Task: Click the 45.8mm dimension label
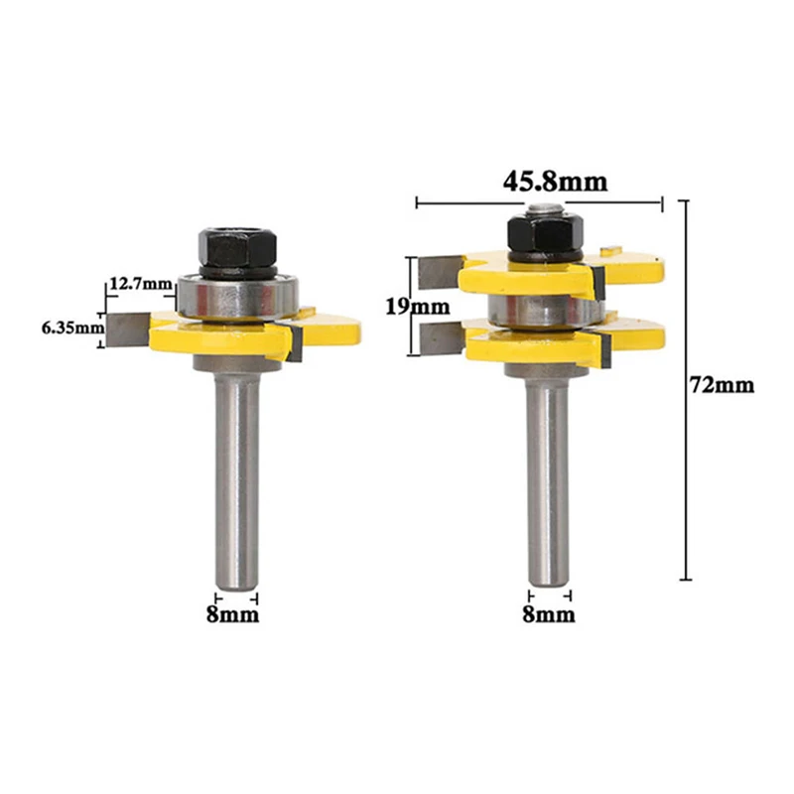555,182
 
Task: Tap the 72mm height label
723,385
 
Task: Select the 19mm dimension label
418,307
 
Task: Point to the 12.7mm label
141,284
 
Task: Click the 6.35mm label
72,329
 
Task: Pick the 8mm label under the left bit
232,614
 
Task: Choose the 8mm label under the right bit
549,614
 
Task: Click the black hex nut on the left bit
237,248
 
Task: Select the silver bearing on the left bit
237,298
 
